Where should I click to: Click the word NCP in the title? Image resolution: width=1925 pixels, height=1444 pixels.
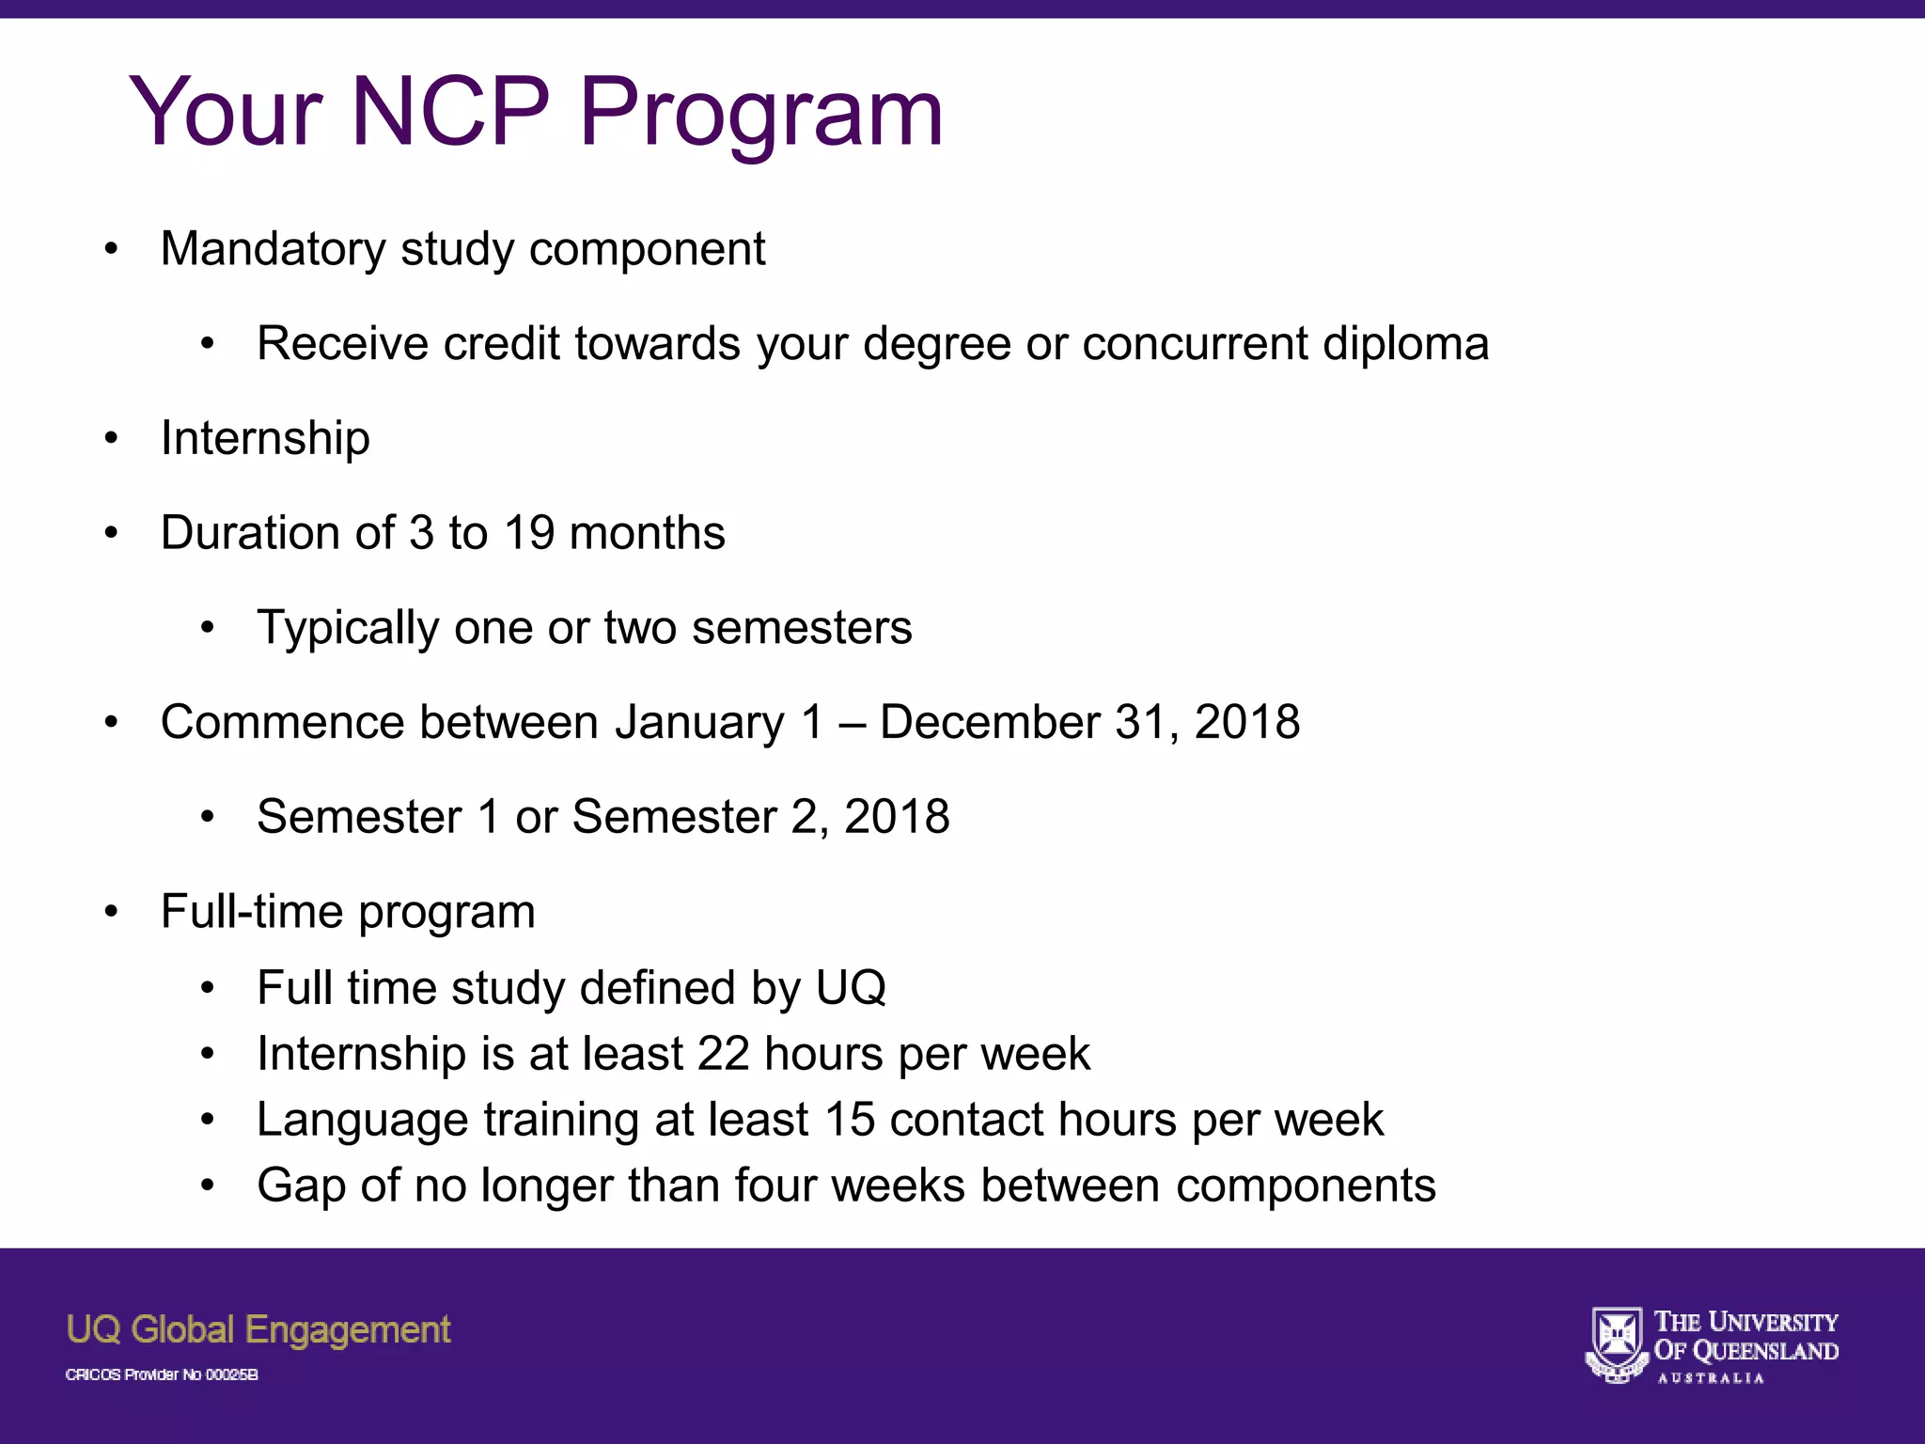450,112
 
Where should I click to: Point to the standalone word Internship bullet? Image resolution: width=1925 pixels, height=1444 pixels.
265,438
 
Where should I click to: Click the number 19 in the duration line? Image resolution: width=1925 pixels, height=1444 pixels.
529,533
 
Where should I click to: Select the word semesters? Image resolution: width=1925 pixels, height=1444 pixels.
802,627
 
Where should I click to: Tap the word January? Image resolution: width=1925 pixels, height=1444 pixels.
699,723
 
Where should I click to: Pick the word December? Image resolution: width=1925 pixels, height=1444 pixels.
989,722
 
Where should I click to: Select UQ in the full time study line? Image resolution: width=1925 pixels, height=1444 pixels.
851,988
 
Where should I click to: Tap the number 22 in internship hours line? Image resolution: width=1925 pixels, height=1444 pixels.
723,1054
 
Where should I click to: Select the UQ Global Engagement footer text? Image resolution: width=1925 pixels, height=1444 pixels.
258,1330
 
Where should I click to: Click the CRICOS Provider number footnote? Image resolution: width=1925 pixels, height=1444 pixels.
162,1374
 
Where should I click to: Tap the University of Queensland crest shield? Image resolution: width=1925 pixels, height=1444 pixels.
1616,1343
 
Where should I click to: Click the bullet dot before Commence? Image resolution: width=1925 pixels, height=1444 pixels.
112,722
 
